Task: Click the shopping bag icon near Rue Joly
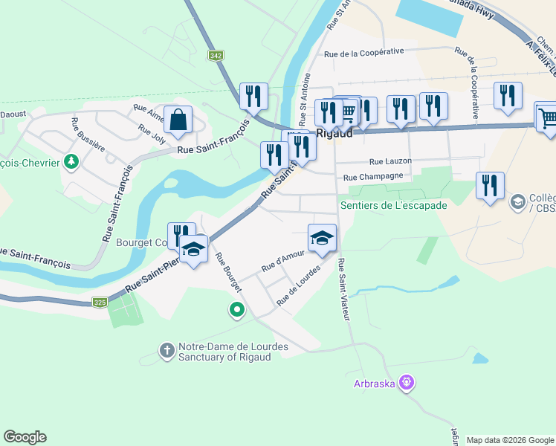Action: coord(178,120)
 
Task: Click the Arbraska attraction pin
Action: coord(406,384)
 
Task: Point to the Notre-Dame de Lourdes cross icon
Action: coord(167,349)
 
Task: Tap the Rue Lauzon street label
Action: coord(386,161)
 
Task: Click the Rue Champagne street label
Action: coord(373,177)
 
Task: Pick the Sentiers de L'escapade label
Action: coord(393,205)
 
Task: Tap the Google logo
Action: coord(25,437)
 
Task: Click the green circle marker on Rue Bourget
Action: coord(237,309)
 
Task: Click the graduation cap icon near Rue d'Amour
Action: coord(322,238)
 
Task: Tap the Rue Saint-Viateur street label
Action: coord(343,289)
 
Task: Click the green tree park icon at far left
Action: coord(71,161)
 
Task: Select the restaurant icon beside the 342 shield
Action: coord(254,96)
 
